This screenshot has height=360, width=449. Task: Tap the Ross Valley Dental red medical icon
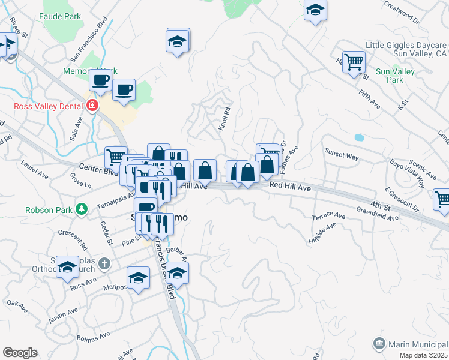click(92, 106)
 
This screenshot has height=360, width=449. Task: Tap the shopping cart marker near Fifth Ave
click(354, 61)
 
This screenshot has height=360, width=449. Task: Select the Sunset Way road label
click(342, 156)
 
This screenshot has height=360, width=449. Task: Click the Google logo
click(20, 353)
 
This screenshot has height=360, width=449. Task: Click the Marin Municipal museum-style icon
click(379, 344)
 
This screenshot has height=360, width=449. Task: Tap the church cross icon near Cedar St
click(104, 263)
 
